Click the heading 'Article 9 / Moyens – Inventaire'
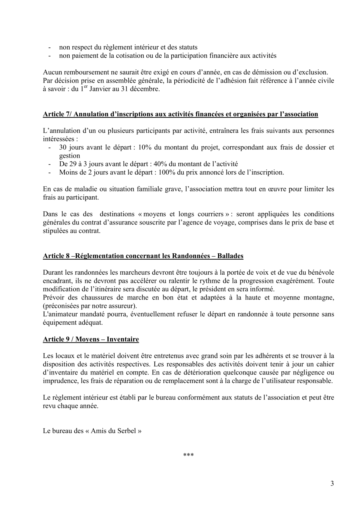tap(91, 339)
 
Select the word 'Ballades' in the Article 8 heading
tap(230, 256)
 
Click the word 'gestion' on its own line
tap(70, 156)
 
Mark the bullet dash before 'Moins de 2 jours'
tap(49, 173)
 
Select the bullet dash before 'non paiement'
tap(49, 56)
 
